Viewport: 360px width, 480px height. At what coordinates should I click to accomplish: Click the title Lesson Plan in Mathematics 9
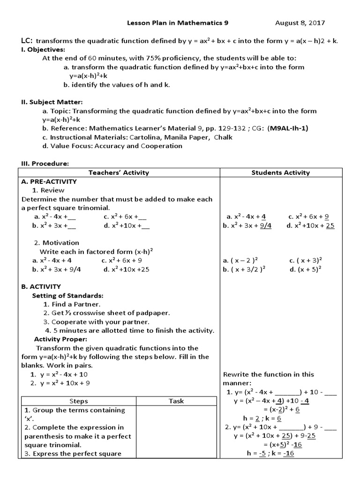178,23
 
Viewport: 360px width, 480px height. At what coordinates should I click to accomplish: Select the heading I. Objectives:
43,49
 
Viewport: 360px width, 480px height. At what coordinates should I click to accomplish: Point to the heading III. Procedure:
45,163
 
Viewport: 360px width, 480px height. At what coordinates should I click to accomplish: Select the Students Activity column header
281,172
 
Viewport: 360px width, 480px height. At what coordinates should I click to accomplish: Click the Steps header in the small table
78,401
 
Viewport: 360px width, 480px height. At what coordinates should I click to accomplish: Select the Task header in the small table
176,401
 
